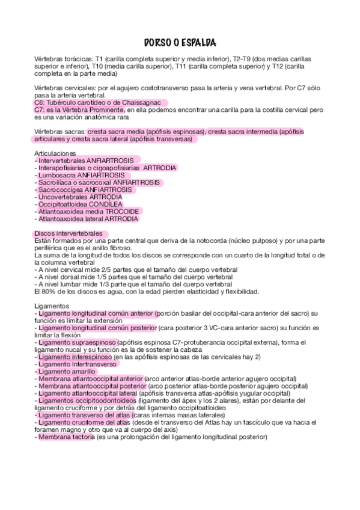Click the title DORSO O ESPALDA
pos(180,43)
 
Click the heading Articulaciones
pos(56,153)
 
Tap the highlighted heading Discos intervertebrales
pos(72,233)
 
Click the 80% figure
pos(44,292)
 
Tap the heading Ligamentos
pos(52,306)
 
